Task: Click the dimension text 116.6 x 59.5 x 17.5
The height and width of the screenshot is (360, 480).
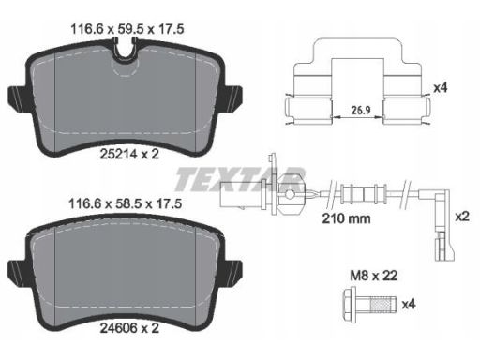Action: pyautogui.click(x=127, y=29)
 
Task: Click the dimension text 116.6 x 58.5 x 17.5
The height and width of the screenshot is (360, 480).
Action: pyautogui.click(x=125, y=204)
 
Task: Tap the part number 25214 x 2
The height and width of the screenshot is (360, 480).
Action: pyautogui.click(x=129, y=154)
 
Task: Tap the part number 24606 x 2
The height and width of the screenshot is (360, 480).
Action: pyautogui.click(x=129, y=328)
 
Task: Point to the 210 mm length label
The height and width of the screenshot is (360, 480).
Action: pyautogui.click(x=346, y=218)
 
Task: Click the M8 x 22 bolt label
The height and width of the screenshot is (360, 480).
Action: pyautogui.click(x=374, y=276)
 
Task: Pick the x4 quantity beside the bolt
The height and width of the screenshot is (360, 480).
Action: pyautogui.click(x=409, y=304)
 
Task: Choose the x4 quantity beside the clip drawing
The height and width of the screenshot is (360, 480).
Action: pyautogui.click(x=441, y=88)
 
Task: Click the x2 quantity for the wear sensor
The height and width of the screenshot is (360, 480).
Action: pyautogui.click(x=462, y=217)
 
